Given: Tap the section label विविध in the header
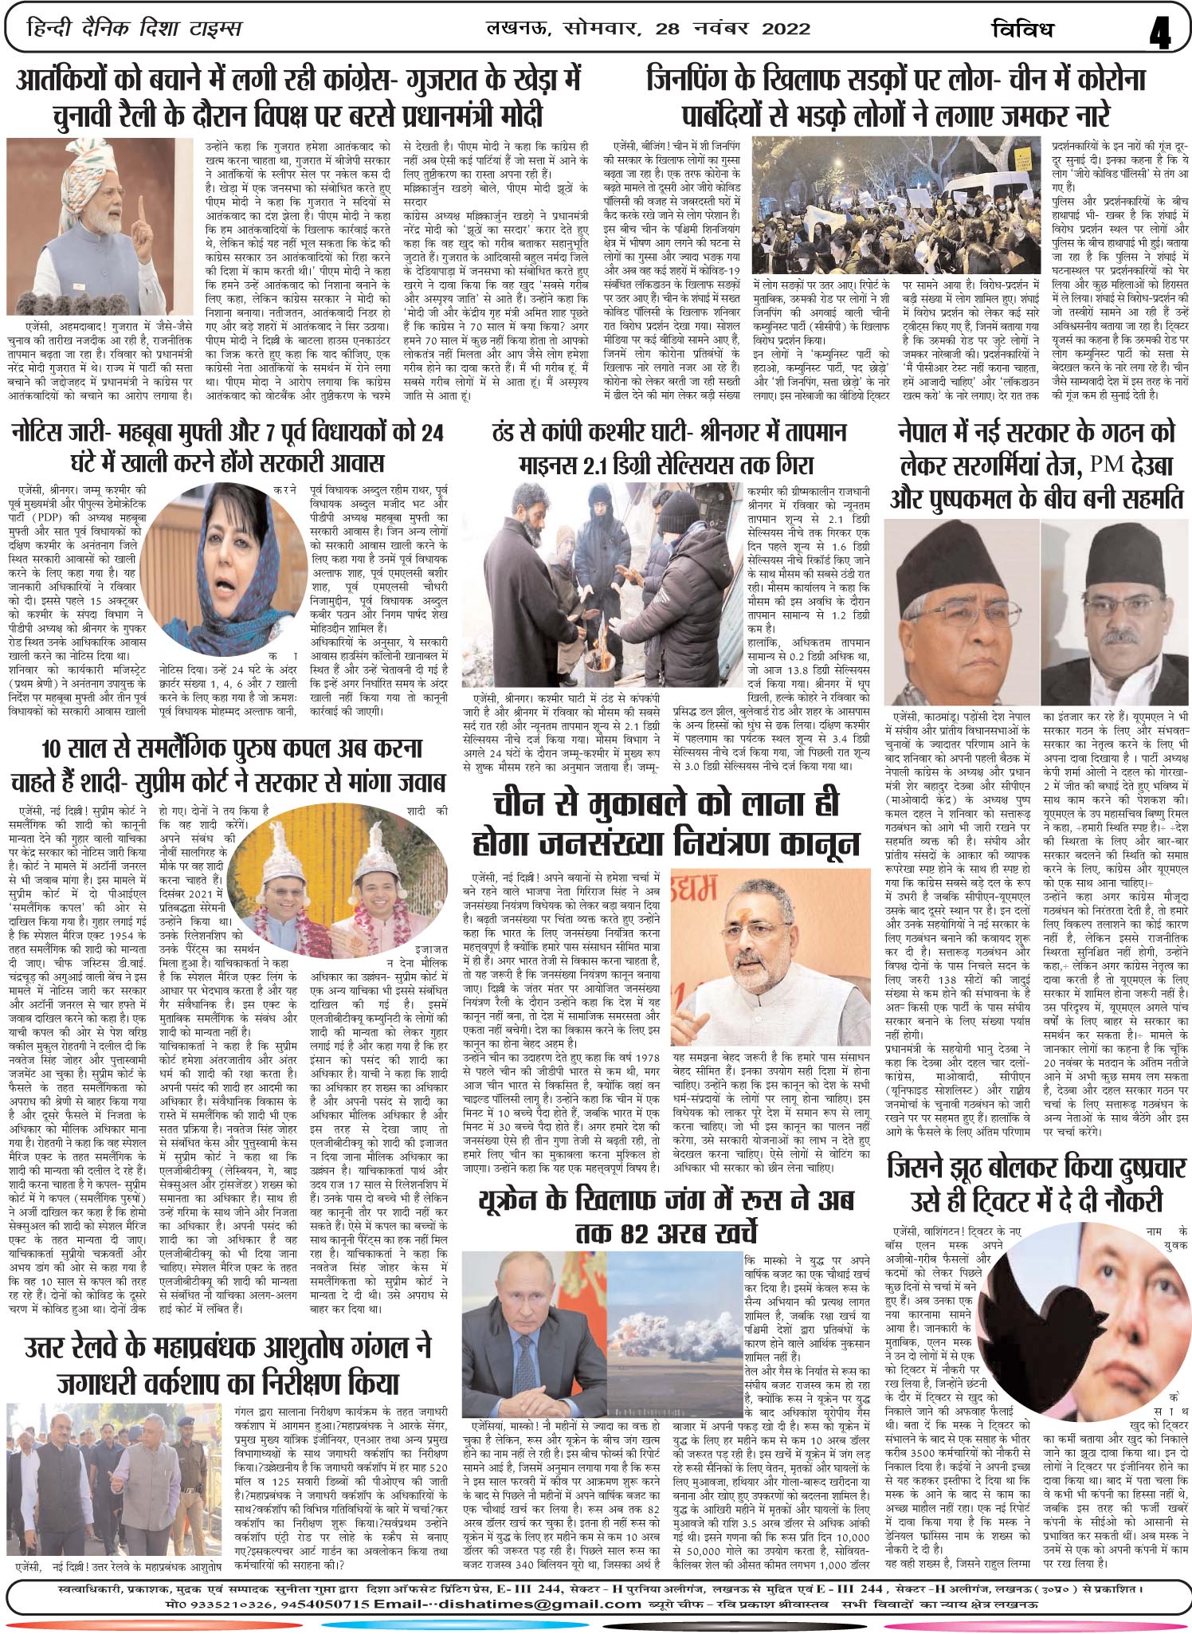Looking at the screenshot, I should (x=1027, y=30).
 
